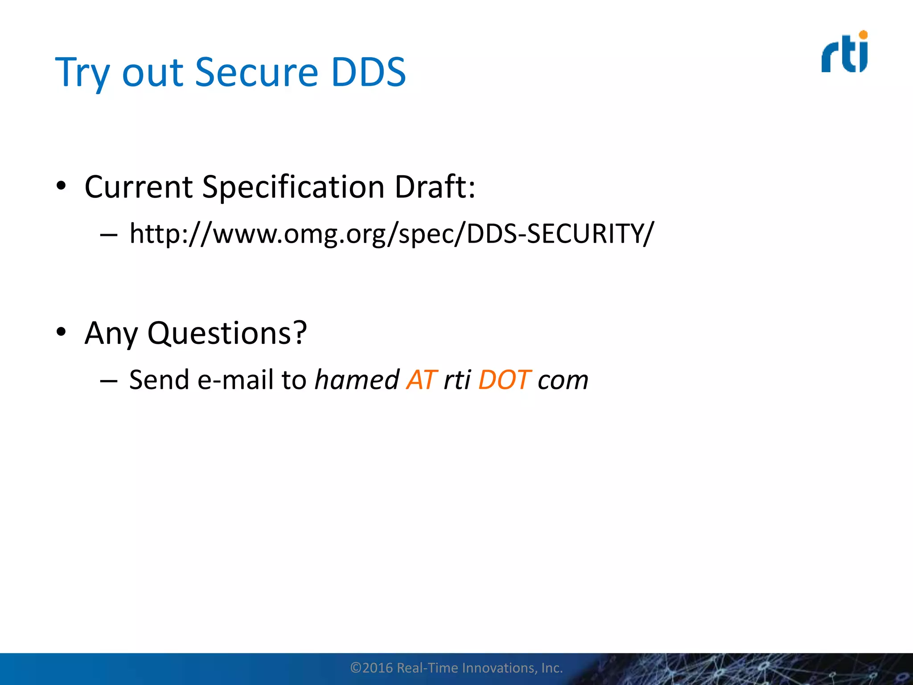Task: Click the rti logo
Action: click(x=844, y=53)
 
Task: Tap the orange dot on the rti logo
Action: click(x=863, y=35)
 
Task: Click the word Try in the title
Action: click(x=82, y=73)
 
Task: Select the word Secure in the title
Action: click(x=256, y=73)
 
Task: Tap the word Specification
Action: click(x=293, y=187)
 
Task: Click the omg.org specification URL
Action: click(x=391, y=233)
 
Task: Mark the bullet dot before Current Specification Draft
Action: click(x=61, y=186)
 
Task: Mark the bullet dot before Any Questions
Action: click(x=61, y=332)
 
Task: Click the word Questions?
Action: click(x=227, y=334)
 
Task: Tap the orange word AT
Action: click(x=421, y=380)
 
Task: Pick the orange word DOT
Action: click(x=504, y=380)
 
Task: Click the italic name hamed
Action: click(x=357, y=380)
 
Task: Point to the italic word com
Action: click(x=563, y=381)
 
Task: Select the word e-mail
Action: click(x=236, y=380)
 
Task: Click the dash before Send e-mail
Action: click(x=109, y=381)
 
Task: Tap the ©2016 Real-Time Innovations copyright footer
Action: click(x=456, y=668)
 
